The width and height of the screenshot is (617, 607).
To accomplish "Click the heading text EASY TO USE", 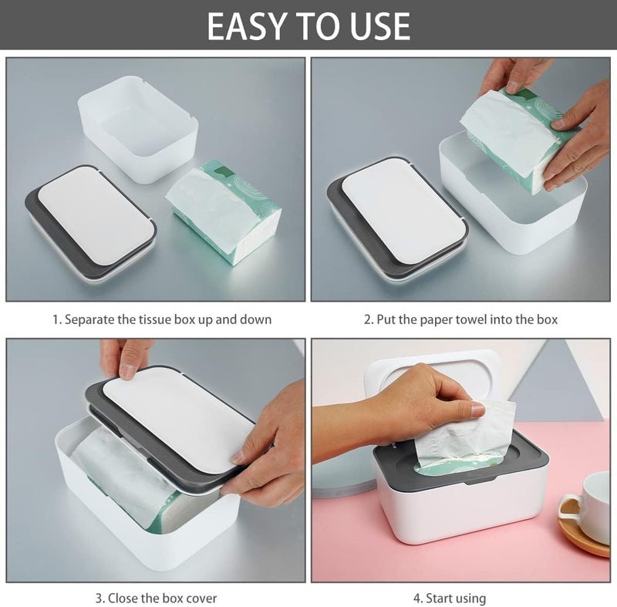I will (x=308, y=25).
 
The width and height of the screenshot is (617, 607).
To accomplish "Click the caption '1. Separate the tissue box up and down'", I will (x=161, y=319).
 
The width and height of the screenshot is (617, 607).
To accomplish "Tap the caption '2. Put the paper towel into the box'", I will (x=460, y=319).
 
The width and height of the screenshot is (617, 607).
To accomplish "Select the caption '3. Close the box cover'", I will (x=157, y=597).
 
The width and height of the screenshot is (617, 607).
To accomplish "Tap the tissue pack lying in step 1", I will (x=224, y=211).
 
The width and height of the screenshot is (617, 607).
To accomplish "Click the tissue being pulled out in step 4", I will (x=470, y=440).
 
